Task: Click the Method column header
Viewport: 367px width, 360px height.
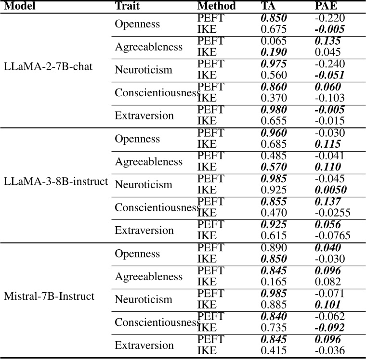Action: point(216,6)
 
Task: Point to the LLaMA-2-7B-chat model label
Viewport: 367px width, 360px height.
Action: point(48,66)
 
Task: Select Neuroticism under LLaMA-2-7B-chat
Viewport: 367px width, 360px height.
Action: point(143,70)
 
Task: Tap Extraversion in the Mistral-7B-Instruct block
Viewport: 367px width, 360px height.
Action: point(144,346)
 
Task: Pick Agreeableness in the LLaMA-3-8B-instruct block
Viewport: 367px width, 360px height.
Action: point(148,162)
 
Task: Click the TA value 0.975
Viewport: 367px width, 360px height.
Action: point(273,64)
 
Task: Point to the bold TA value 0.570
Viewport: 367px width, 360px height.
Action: point(273,167)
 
